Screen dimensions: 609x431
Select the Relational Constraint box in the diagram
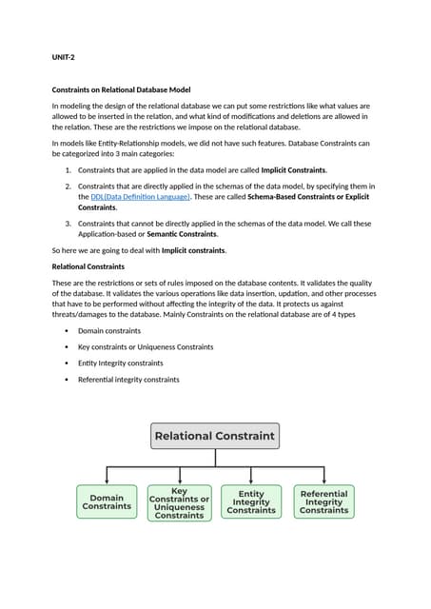coord(215,437)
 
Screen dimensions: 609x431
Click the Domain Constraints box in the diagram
coord(107,502)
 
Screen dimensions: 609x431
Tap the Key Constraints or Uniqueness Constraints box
coord(179,502)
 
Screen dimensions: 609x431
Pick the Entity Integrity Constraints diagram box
coord(251,502)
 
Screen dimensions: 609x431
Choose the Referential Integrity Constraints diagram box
coord(323,502)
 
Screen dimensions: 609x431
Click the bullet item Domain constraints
coord(109,330)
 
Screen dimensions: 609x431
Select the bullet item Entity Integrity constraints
coord(120,363)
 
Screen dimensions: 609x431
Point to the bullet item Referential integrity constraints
coord(128,379)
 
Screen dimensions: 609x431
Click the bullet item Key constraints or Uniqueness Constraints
coord(146,346)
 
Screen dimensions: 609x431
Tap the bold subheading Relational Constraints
coord(88,266)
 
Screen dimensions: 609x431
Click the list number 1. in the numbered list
coord(68,169)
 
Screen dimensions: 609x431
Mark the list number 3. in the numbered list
coord(68,223)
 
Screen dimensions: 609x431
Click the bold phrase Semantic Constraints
coord(181,233)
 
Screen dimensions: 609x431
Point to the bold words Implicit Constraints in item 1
coord(293,169)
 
